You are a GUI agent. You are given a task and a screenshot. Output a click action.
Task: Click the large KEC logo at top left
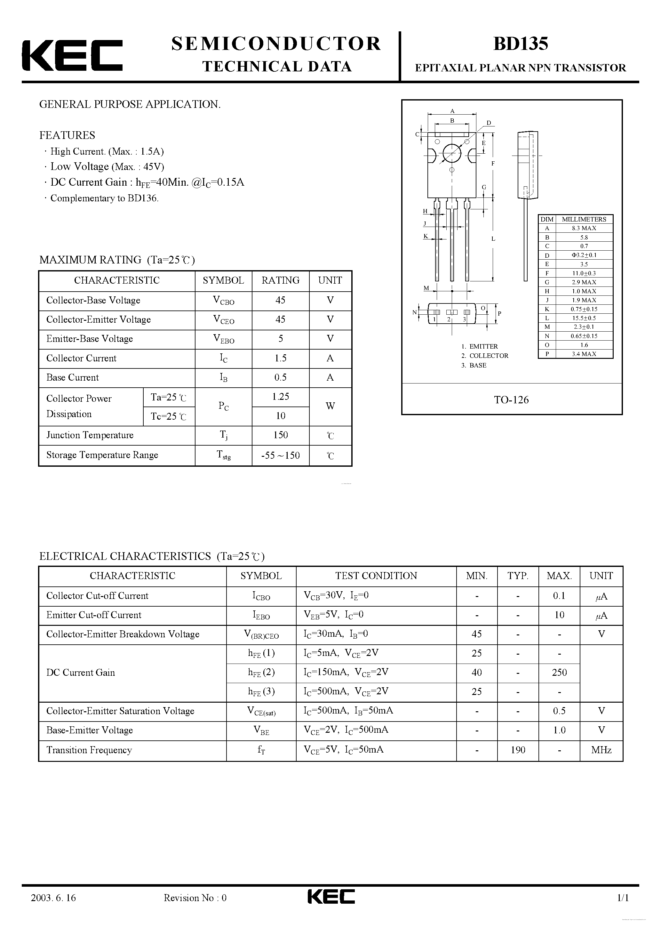[x=72, y=55]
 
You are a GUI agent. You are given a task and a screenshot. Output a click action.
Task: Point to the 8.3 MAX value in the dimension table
[x=584, y=228]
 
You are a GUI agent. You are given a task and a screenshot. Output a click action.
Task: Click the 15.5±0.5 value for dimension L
[x=584, y=318]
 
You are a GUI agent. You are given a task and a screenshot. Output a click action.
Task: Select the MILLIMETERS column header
[x=584, y=219]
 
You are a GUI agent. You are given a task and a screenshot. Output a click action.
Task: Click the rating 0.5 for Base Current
[x=280, y=377]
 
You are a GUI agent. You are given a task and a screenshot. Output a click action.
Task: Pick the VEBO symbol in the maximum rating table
[x=223, y=339]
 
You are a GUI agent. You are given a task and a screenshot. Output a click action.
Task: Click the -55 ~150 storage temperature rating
[x=280, y=455]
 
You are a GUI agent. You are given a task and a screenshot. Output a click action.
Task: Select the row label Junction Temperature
[x=90, y=435]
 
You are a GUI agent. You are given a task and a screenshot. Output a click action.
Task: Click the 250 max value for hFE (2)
[x=559, y=672]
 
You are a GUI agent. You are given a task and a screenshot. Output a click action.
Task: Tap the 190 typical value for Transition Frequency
[x=518, y=750]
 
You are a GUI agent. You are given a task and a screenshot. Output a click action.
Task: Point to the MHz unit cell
[x=601, y=750]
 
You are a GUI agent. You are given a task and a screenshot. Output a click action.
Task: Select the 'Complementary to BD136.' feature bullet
[x=104, y=198]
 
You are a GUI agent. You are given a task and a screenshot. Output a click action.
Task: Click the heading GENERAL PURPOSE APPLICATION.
[x=130, y=104]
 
